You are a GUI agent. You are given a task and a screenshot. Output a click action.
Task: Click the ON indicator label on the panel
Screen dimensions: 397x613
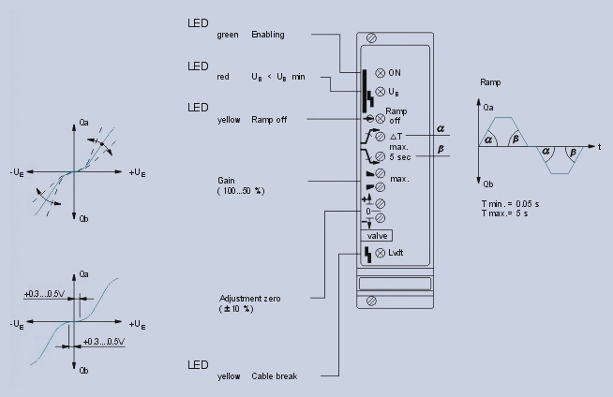tap(395, 72)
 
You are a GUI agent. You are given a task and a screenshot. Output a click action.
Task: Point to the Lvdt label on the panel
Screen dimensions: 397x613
tap(396, 254)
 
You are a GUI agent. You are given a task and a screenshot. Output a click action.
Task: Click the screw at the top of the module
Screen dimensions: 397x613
tap(372, 38)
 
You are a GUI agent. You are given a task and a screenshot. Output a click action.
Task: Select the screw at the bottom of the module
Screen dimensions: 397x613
tap(372, 301)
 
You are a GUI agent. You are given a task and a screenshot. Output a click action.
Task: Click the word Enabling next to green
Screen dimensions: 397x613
tap(267, 35)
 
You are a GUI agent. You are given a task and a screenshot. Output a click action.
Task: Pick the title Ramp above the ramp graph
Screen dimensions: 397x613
tap(490, 82)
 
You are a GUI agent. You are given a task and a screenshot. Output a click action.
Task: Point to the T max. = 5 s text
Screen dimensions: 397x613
tap(507, 213)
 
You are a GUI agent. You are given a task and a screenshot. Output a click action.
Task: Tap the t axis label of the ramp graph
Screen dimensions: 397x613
tap(598, 148)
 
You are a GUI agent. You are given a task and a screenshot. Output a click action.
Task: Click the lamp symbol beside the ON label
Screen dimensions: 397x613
tap(379, 72)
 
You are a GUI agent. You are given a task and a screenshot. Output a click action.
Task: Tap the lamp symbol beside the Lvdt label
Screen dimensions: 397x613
tap(379, 254)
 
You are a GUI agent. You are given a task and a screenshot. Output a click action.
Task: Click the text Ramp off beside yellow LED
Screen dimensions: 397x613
tap(267, 118)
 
